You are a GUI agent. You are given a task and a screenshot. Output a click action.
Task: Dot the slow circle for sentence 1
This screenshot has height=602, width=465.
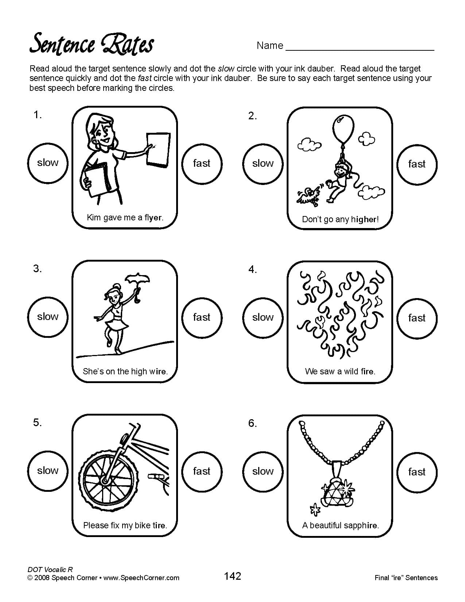click(48, 163)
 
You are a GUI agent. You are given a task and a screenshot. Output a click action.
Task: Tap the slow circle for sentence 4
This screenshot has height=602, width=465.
click(263, 317)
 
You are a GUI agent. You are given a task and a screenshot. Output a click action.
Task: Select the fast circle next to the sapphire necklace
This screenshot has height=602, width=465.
click(416, 471)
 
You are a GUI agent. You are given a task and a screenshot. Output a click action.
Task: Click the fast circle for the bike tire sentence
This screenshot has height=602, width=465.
click(202, 471)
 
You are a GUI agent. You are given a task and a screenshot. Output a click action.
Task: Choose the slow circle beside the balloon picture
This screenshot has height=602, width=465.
click(263, 163)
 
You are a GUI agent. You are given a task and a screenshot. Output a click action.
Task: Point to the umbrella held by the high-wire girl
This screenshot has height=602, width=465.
click(137, 280)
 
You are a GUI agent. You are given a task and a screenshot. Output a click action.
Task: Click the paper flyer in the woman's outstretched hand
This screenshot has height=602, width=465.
click(158, 149)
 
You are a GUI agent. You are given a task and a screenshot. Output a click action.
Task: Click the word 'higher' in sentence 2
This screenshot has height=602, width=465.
click(364, 219)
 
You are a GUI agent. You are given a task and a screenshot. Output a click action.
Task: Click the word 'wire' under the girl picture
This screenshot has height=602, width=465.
click(158, 371)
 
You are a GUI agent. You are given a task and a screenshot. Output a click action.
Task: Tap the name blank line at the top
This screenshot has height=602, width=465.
click(360, 49)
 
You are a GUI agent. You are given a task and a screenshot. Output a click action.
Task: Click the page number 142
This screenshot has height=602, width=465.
click(232, 576)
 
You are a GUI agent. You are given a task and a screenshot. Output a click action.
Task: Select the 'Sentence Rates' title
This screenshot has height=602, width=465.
click(92, 44)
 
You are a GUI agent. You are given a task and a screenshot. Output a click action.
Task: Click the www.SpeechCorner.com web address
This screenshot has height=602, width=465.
click(142, 578)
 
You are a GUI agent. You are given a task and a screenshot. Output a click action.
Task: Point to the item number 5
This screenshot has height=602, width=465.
click(38, 422)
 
